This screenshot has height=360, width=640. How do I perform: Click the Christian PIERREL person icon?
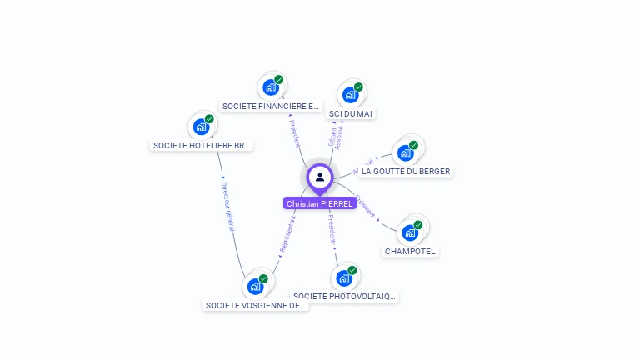319,177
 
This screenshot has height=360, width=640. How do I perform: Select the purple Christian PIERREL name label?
319,203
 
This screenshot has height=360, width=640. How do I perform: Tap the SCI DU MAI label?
351,113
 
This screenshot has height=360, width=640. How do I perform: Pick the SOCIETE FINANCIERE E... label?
271,107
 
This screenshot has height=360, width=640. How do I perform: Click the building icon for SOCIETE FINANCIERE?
270,86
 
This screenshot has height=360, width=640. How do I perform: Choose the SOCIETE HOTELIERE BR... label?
202,145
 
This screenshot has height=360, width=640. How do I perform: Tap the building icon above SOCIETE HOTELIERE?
201,126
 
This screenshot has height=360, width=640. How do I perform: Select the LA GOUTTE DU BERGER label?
406,172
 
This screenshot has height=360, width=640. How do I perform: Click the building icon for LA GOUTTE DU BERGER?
406,152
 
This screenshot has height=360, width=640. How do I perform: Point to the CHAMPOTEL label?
410,251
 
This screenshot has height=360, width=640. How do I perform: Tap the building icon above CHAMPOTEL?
409,232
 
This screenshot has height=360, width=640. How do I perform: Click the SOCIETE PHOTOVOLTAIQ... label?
345,296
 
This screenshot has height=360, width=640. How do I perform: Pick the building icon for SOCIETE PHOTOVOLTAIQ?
344,277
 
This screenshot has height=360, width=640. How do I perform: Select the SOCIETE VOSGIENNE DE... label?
256,305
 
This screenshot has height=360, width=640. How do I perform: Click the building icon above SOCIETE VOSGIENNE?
255,286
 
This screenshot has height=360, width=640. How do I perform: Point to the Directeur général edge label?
231,205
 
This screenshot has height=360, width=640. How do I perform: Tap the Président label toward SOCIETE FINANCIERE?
295,134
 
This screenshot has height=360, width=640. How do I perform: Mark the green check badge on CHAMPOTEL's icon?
418,225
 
